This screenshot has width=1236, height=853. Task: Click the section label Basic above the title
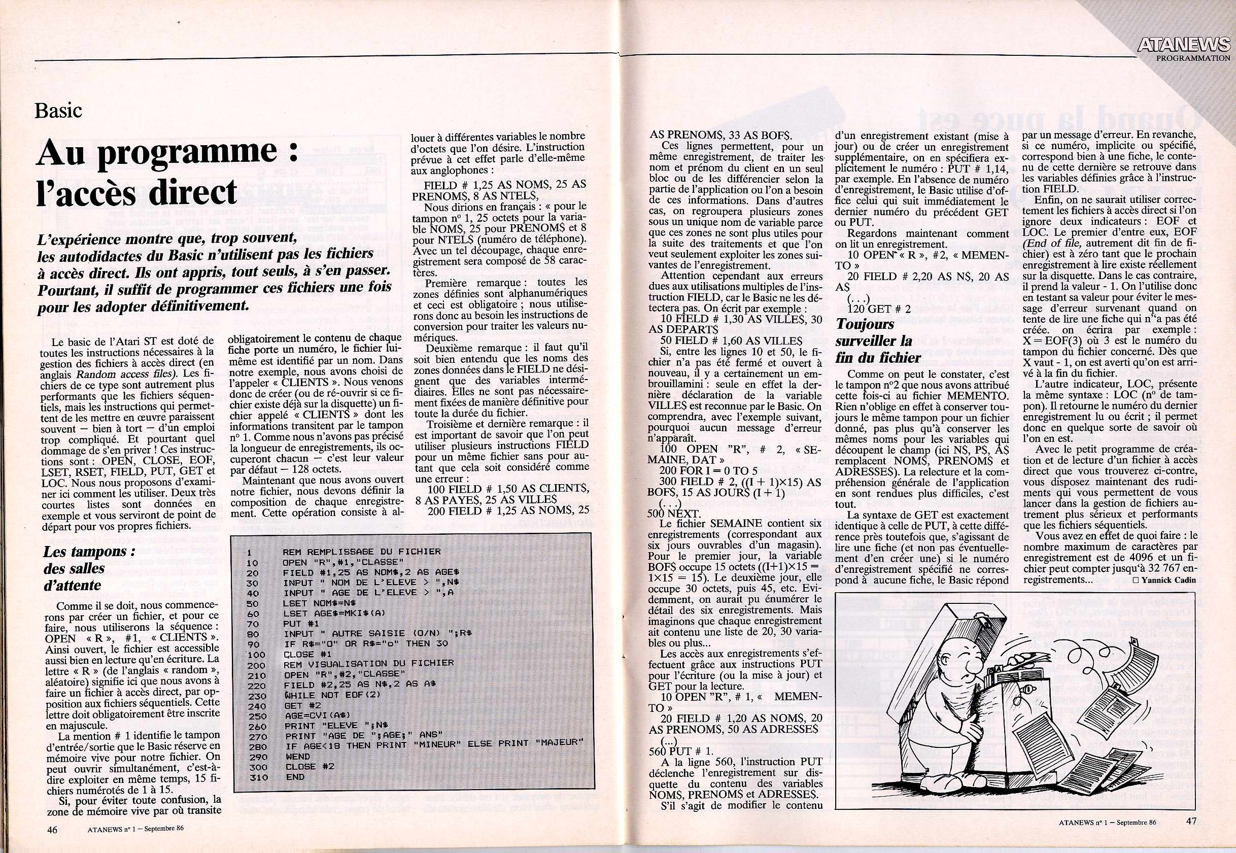pyautogui.click(x=58, y=111)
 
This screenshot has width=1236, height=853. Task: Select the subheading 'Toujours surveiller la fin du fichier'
pyautogui.click(x=873, y=340)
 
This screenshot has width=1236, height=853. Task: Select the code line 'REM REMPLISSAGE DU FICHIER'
pyautogui.click(x=362, y=552)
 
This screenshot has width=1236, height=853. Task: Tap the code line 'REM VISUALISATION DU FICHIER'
pyautogui.click(x=369, y=663)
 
